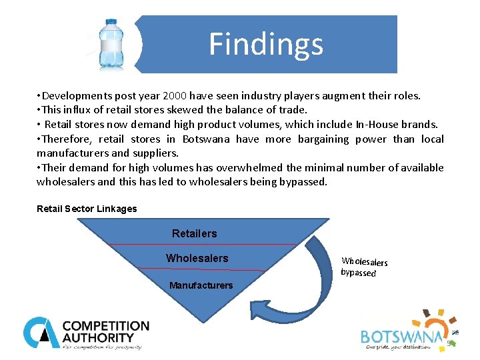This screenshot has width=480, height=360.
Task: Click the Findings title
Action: (266, 44)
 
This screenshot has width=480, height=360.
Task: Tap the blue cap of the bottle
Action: (108, 22)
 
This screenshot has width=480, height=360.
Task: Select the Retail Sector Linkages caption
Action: (87, 209)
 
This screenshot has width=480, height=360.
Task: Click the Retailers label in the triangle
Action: (195, 233)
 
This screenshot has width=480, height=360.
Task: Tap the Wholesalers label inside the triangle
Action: (197, 258)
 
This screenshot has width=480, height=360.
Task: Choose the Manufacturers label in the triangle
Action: (201, 285)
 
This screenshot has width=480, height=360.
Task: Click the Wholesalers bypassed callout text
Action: (363, 267)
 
